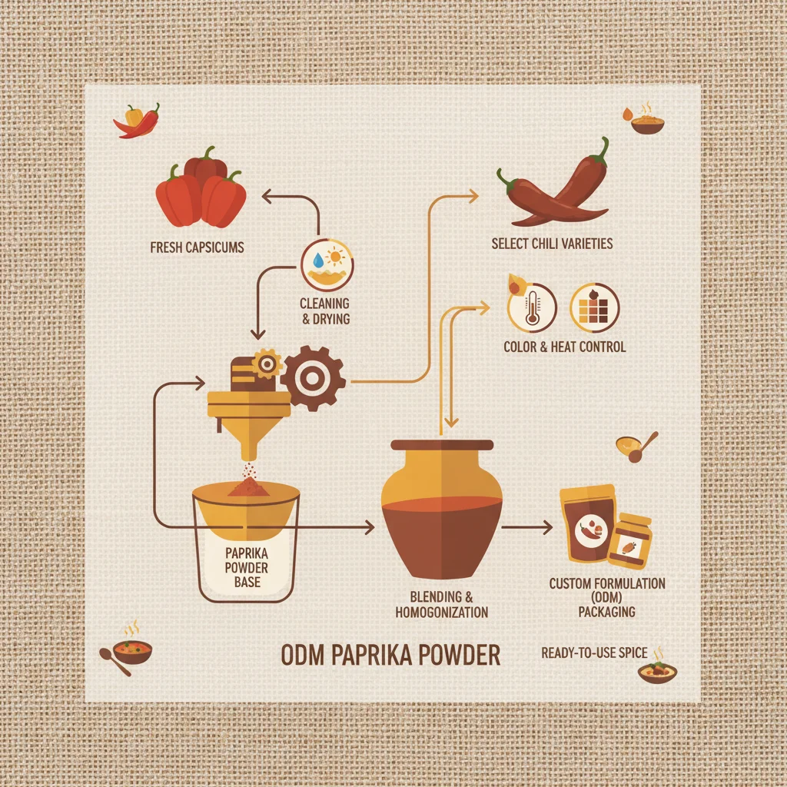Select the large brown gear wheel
click(x=314, y=377)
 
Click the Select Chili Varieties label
click(x=552, y=244)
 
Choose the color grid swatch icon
click(x=594, y=307)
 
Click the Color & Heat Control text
click(x=564, y=347)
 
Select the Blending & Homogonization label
click(x=441, y=604)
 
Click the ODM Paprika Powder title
click(x=390, y=656)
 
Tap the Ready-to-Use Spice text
click(x=594, y=653)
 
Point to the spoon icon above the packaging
click(x=636, y=447)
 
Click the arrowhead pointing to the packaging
click(x=547, y=527)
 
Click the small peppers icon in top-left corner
click(x=137, y=120)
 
